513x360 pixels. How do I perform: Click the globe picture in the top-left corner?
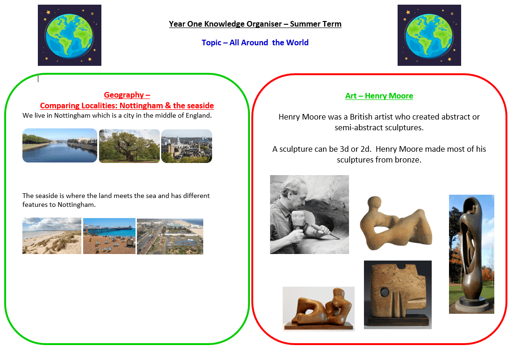pos(69,35)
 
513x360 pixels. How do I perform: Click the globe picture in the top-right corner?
pos(429,35)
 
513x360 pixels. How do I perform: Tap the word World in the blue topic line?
pos(298,42)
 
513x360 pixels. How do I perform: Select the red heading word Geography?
pos(124,95)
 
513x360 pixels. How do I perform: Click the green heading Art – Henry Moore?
pos(379,96)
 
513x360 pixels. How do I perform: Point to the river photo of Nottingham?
pos(60,146)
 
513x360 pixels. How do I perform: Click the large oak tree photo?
pos(129,146)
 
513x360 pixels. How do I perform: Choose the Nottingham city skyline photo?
pos(187,146)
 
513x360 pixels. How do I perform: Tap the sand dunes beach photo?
pos(52,236)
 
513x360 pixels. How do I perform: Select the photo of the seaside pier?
pos(109,236)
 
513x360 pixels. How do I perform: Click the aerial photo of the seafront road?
pos(170,236)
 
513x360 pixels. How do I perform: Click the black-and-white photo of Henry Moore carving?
pos(309,214)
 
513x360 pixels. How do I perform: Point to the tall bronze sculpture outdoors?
pos(471,254)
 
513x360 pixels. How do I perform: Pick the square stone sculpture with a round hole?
pos(398,295)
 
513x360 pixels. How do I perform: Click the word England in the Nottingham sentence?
pos(199,116)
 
